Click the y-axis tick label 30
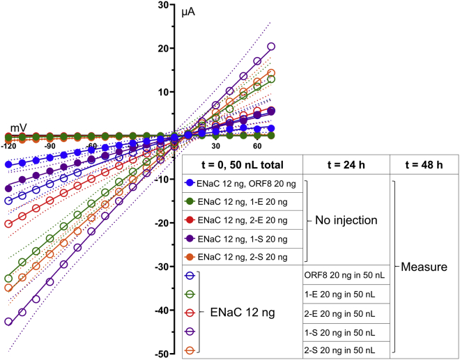[164, 5]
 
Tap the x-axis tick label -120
[8, 147]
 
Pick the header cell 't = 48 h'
[422, 164]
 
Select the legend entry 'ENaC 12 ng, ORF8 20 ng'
[242, 182]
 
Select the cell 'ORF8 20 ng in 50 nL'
[344, 274]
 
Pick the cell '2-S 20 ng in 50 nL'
[344, 348]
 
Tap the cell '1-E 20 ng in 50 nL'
[344, 293]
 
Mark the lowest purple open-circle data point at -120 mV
[8, 322]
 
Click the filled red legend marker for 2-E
[188, 220]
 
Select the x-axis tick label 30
[216, 147]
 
